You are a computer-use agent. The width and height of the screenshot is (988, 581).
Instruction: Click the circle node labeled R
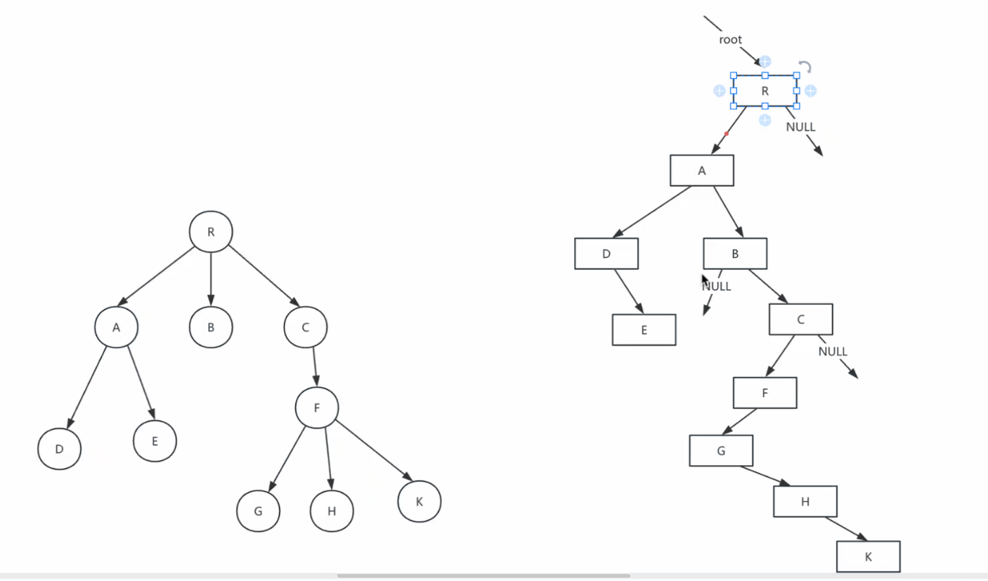211,232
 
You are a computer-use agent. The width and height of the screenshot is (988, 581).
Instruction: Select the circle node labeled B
211,327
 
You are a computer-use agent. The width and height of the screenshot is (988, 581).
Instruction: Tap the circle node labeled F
316,407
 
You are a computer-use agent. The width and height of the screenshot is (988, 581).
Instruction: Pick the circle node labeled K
420,502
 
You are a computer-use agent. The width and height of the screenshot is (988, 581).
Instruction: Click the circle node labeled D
60,448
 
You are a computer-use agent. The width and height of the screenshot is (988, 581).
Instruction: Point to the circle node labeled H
332,510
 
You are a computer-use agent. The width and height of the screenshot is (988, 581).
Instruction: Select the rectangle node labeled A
701,170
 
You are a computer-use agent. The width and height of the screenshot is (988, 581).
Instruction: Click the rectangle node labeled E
644,329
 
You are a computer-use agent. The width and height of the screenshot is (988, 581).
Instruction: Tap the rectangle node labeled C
800,320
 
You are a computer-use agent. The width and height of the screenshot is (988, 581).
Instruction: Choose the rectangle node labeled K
868,556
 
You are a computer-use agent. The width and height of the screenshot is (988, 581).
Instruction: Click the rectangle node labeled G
721,450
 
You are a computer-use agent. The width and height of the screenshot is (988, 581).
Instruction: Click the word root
730,40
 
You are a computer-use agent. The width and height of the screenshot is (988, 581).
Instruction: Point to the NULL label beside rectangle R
800,127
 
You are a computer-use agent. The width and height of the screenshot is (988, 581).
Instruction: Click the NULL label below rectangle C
833,351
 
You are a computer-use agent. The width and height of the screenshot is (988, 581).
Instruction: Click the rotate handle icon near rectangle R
806,67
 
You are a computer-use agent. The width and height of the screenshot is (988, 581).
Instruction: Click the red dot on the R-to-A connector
727,133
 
